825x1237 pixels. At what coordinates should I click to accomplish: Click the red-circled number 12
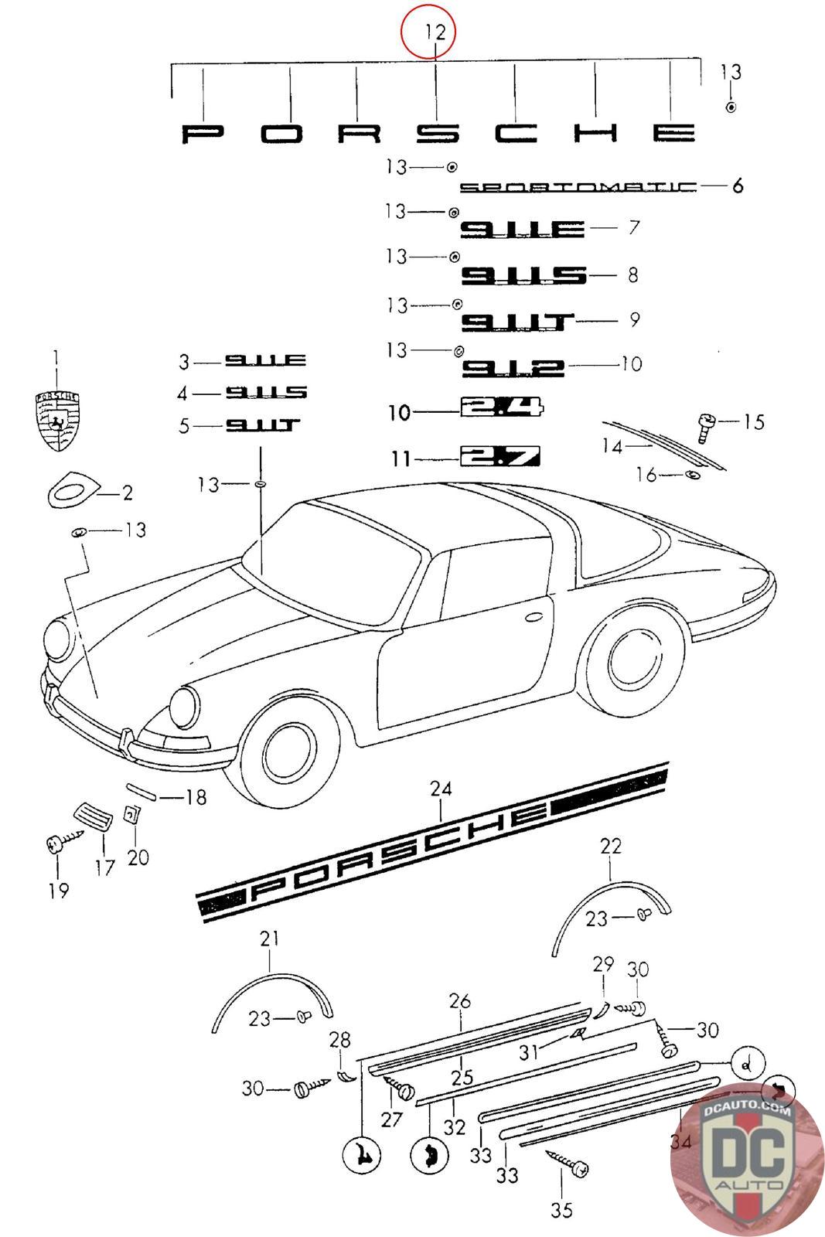[x=435, y=32]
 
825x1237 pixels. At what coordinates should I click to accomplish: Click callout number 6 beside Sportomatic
[x=737, y=186]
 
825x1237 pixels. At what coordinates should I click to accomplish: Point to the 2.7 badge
[x=500, y=456]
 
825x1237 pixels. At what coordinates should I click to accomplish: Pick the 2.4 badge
[x=502, y=409]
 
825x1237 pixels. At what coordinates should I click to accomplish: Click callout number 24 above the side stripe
[x=441, y=789]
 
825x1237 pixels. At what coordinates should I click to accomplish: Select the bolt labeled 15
[x=706, y=424]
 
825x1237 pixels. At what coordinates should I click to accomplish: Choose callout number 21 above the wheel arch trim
[x=269, y=939]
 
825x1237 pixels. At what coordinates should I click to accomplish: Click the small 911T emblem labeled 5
[x=263, y=426]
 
